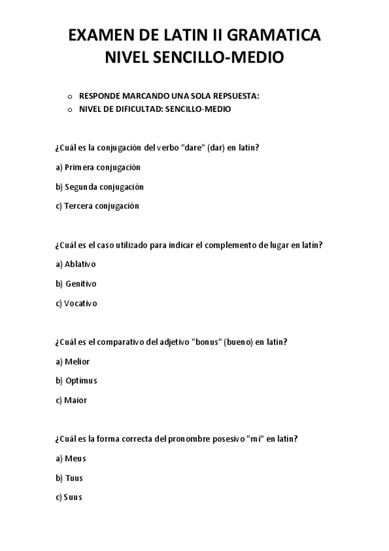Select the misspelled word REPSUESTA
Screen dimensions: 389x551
(233, 96)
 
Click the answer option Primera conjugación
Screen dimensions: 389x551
(98, 167)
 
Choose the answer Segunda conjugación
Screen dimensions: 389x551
(99, 186)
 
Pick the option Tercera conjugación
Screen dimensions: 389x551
(97, 206)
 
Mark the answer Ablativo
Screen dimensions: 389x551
(76, 264)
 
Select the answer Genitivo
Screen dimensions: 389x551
(77, 283)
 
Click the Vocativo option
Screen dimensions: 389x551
(77, 303)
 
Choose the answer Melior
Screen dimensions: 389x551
(73, 361)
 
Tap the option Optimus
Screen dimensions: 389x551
(77, 381)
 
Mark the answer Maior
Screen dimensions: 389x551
(71, 400)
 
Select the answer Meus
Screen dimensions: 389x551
(71, 458)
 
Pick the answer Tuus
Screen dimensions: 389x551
(69, 478)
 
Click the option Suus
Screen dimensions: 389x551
(69, 497)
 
